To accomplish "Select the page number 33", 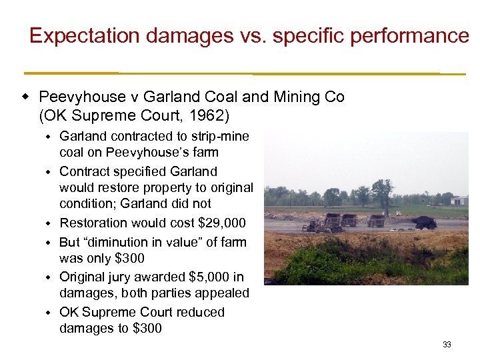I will [447, 345].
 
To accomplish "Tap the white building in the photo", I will [459, 200].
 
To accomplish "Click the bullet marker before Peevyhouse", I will [25, 97].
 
